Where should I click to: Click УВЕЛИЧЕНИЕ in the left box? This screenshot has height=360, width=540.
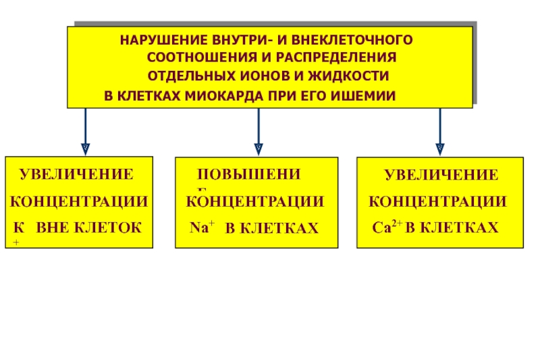[x=76, y=174]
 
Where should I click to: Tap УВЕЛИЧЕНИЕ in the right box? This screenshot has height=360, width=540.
[x=441, y=176]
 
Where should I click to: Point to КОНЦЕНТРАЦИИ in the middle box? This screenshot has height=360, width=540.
[x=255, y=202]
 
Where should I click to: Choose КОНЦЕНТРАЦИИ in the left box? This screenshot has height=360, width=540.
[x=80, y=201]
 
